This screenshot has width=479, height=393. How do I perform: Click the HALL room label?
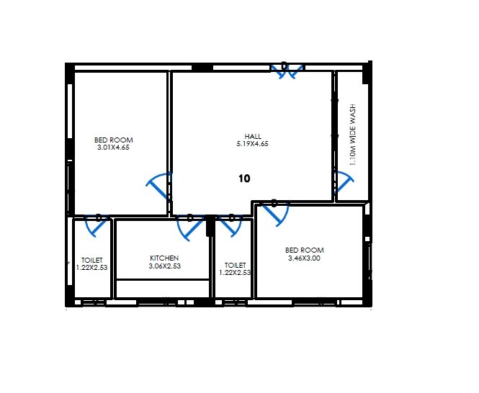[x=253, y=136]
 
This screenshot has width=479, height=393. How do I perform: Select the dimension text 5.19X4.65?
[x=253, y=144]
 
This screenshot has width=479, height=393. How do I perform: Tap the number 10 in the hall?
[x=244, y=179]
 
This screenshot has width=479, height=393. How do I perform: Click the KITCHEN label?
[x=164, y=258]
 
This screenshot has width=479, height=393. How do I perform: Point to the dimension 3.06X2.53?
[x=164, y=266]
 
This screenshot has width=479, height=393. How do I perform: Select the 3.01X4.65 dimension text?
[x=113, y=148]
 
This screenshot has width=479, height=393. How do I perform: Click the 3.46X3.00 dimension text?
[x=304, y=258]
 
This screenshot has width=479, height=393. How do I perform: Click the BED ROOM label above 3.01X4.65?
[x=114, y=140]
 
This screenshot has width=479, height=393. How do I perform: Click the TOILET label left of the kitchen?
[x=92, y=260]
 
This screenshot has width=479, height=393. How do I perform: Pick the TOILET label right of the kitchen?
[x=235, y=265]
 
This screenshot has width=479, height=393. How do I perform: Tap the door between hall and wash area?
[x=343, y=185]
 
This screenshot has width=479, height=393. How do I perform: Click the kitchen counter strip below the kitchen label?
[x=163, y=288]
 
